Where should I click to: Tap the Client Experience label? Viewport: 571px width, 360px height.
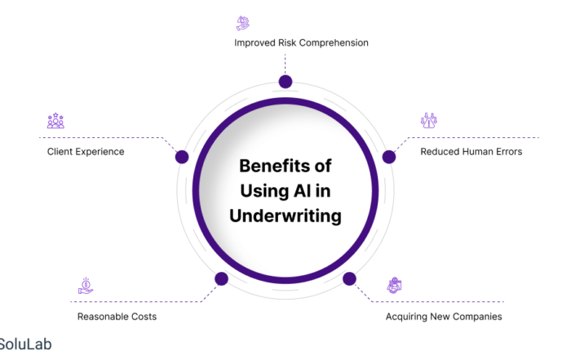click(x=86, y=151)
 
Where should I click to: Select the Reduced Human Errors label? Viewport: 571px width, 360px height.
click(x=471, y=151)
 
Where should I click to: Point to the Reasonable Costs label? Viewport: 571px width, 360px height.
click(x=117, y=316)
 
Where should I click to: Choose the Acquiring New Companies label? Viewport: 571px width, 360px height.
click(x=444, y=316)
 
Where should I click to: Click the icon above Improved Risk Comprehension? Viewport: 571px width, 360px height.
click(x=243, y=23)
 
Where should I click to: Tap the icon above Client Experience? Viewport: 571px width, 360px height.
click(x=55, y=122)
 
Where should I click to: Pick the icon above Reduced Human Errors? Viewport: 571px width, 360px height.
click(x=429, y=121)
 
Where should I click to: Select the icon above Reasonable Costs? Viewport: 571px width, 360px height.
click(x=86, y=285)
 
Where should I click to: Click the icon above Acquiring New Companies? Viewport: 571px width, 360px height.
click(x=395, y=285)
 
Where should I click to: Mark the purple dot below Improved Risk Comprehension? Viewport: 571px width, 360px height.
click(x=285, y=81)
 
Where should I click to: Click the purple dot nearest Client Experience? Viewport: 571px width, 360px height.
click(x=182, y=157)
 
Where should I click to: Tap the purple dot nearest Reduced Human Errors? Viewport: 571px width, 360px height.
click(x=389, y=157)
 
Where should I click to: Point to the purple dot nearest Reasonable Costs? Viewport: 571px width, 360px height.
click(x=221, y=279)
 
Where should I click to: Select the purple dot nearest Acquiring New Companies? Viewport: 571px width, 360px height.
click(x=349, y=279)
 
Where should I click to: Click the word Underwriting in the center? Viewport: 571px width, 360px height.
click(x=285, y=216)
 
